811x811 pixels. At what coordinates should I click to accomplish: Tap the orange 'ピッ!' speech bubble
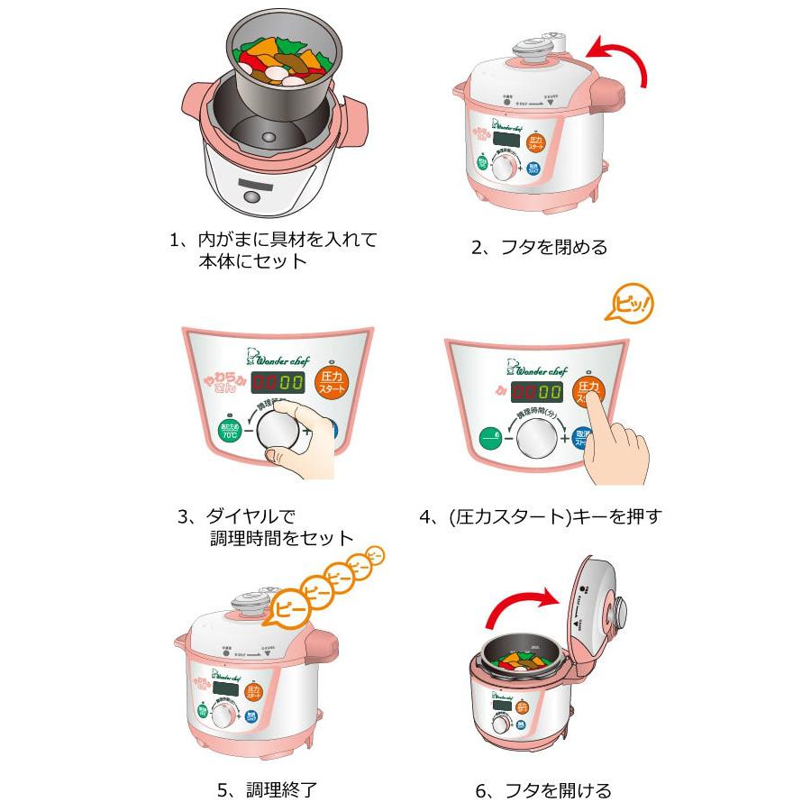[628, 305]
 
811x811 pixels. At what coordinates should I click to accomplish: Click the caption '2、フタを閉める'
[540, 246]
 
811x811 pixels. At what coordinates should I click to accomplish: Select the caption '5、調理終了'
[267, 790]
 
